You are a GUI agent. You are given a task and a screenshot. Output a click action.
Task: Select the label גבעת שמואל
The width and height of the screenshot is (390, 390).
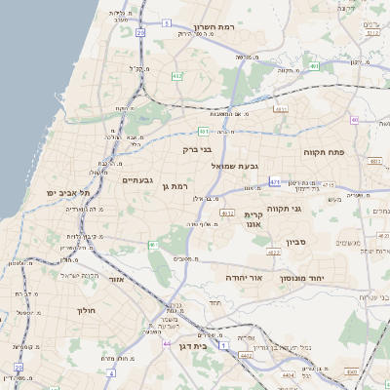235,166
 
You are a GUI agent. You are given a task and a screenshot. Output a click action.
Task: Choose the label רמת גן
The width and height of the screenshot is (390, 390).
172,185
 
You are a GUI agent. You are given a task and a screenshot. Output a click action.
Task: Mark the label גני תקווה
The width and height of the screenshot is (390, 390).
310,208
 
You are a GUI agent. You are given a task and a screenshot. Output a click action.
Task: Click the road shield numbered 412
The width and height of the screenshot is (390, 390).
176,75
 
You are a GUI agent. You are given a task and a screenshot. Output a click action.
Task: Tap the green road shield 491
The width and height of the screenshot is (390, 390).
204,130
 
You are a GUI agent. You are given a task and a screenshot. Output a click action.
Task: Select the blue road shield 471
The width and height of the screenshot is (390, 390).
275,181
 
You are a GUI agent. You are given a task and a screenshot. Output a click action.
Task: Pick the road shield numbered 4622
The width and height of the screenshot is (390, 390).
274,253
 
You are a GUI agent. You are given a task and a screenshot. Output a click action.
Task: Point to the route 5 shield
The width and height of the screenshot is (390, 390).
167,22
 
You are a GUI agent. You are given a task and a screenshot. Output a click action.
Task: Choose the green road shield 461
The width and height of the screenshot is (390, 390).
153,244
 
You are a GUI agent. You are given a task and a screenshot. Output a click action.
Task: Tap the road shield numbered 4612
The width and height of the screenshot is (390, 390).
227,213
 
